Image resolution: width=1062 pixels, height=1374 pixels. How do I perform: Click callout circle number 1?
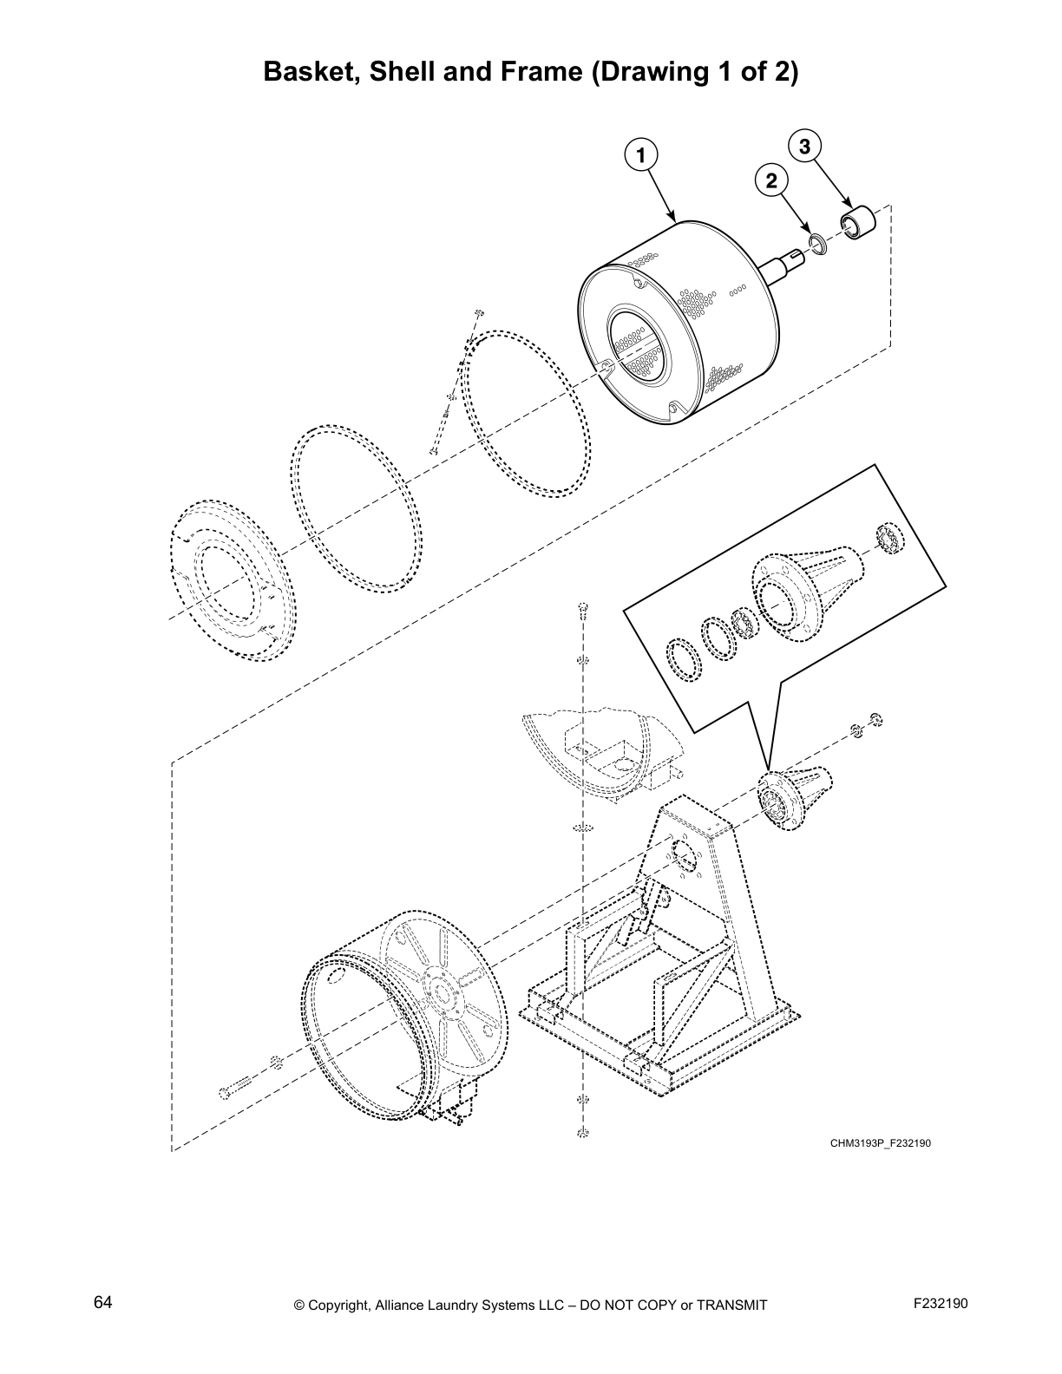[640, 156]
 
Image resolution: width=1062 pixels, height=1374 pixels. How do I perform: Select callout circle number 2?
[771, 180]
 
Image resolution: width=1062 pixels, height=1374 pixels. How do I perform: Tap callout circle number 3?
[804, 147]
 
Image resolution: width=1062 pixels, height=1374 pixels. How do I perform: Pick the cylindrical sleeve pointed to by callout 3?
[858, 220]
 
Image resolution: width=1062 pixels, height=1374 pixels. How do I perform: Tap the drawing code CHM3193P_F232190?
[880, 1143]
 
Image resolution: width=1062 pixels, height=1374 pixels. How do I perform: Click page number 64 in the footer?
[102, 1302]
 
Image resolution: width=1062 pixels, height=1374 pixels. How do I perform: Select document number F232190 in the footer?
[941, 1303]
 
